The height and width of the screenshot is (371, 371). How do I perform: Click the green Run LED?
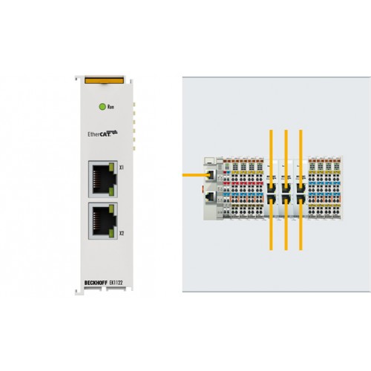click(x=102, y=107)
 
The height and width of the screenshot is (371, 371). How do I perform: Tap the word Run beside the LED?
click(x=111, y=107)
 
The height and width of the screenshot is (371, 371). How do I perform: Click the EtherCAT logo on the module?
click(x=102, y=134)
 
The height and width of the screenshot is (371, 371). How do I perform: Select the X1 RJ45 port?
click(x=102, y=179)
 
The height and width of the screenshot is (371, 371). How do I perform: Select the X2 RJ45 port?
click(x=102, y=221)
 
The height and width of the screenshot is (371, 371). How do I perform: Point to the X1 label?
click(x=121, y=168)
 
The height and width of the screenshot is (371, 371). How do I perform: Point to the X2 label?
click(x=121, y=233)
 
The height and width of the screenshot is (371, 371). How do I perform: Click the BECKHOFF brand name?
click(x=95, y=283)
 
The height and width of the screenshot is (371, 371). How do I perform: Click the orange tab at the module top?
click(x=104, y=80)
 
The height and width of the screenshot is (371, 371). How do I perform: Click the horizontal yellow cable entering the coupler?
click(x=196, y=175)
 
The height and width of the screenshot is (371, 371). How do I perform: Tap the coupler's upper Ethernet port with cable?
click(x=210, y=175)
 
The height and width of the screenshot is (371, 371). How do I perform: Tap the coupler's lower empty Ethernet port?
click(x=210, y=197)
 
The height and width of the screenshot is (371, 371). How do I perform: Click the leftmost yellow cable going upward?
click(x=271, y=158)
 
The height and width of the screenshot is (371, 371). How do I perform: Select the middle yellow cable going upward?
click(x=286, y=158)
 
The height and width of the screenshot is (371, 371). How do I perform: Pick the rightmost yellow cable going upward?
click(x=301, y=158)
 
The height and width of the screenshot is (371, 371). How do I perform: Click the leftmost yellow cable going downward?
click(x=271, y=225)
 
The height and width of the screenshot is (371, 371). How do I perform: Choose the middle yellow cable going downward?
click(x=286, y=225)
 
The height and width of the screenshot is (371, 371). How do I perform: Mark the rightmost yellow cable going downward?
click(x=301, y=225)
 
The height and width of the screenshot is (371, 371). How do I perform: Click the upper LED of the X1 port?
click(x=111, y=167)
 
